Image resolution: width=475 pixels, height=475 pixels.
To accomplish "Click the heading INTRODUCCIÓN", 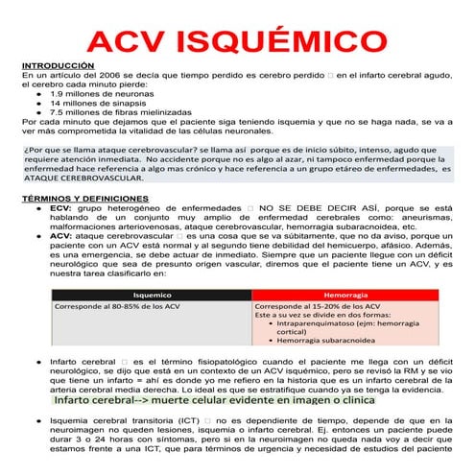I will click(58, 65).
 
